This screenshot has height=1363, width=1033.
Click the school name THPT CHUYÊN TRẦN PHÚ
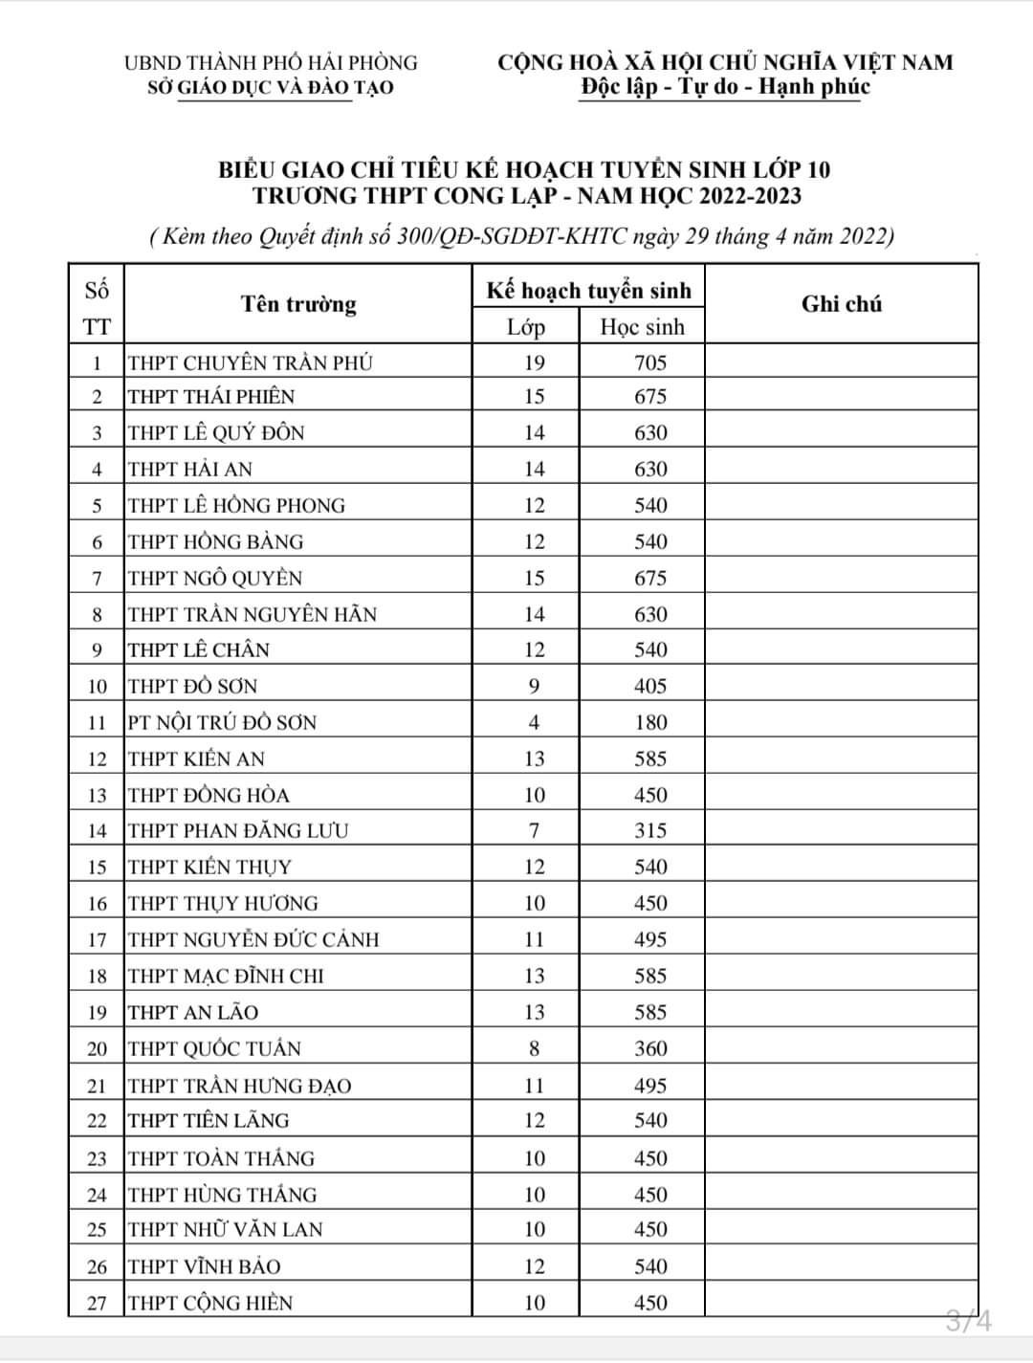click(x=251, y=363)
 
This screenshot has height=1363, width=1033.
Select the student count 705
click(x=650, y=363)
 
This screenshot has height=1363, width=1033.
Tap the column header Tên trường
click(x=298, y=304)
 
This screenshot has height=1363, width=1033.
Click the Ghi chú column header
click(x=842, y=304)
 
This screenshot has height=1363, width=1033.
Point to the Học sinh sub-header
click(x=642, y=327)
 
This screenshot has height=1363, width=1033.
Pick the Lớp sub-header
click(x=526, y=327)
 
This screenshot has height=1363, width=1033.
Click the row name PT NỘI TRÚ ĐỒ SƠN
click(x=222, y=722)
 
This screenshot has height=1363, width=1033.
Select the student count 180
click(x=650, y=722)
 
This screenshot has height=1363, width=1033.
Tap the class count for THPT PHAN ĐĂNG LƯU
click(x=534, y=830)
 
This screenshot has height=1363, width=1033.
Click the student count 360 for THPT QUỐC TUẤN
click(x=650, y=1048)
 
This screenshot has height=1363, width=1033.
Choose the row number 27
click(x=97, y=1303)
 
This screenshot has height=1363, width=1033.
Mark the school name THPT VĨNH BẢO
click(x=205, y=1266)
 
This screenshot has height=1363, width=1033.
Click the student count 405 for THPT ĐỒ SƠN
click(x=650, y=686)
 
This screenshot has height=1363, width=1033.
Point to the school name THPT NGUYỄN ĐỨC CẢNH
click(x=253, y=939)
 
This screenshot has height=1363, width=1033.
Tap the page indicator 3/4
click(x=969, y=1322)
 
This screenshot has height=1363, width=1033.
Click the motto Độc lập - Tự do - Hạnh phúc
click(x=725, y=87)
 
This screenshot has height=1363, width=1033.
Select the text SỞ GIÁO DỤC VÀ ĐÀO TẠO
click(x=271, y=88)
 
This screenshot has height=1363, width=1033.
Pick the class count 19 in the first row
click(x=534, y=363)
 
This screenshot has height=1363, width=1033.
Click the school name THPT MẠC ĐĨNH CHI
click(x=226, y=976)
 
